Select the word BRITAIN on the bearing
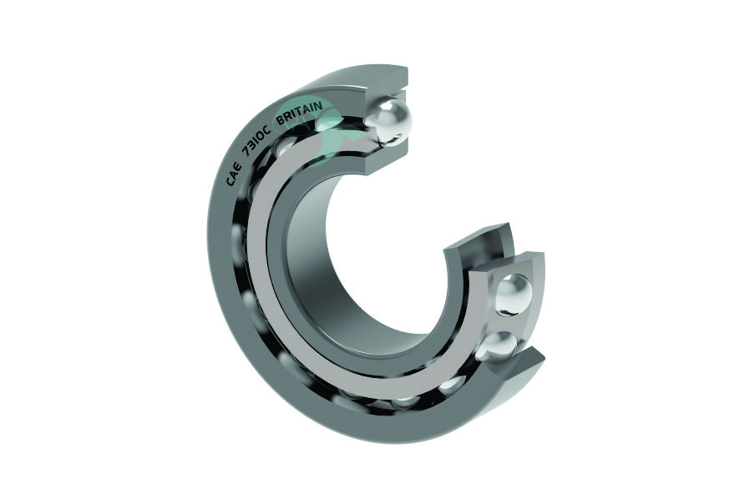point(298,113)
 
